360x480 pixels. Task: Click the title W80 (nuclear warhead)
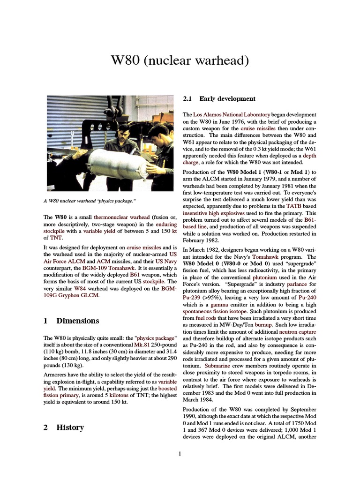click(180, 60)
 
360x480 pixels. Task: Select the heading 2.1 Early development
click(219, 98)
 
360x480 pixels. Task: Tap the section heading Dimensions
click(77, 321)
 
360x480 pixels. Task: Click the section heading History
click(70, 427)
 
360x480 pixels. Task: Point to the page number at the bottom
click(180, 453)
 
